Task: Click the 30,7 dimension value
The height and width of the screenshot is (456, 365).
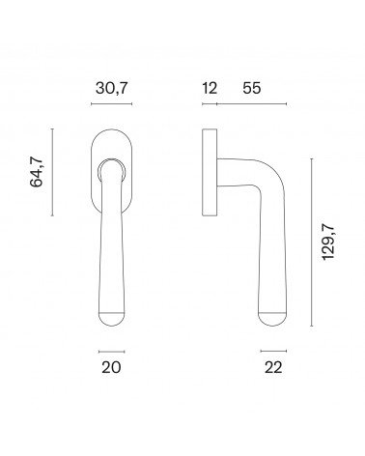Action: click(112, 88)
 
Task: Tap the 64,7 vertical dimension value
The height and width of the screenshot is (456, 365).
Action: click(36, 172)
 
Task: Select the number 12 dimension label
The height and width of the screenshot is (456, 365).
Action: click(210, 88)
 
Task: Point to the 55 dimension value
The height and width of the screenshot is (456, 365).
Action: click(252, 88)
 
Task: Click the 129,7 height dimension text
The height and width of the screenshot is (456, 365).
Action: click(328, 242)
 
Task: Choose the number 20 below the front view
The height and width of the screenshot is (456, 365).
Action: click(111, 367)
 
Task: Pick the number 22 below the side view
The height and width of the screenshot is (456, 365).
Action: click(273, 367)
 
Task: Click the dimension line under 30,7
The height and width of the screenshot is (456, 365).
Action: click(112, 103)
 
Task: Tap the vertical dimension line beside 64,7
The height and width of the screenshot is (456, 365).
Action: click(52, 172)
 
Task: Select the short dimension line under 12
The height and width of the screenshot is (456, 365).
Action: click(210, 103)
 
